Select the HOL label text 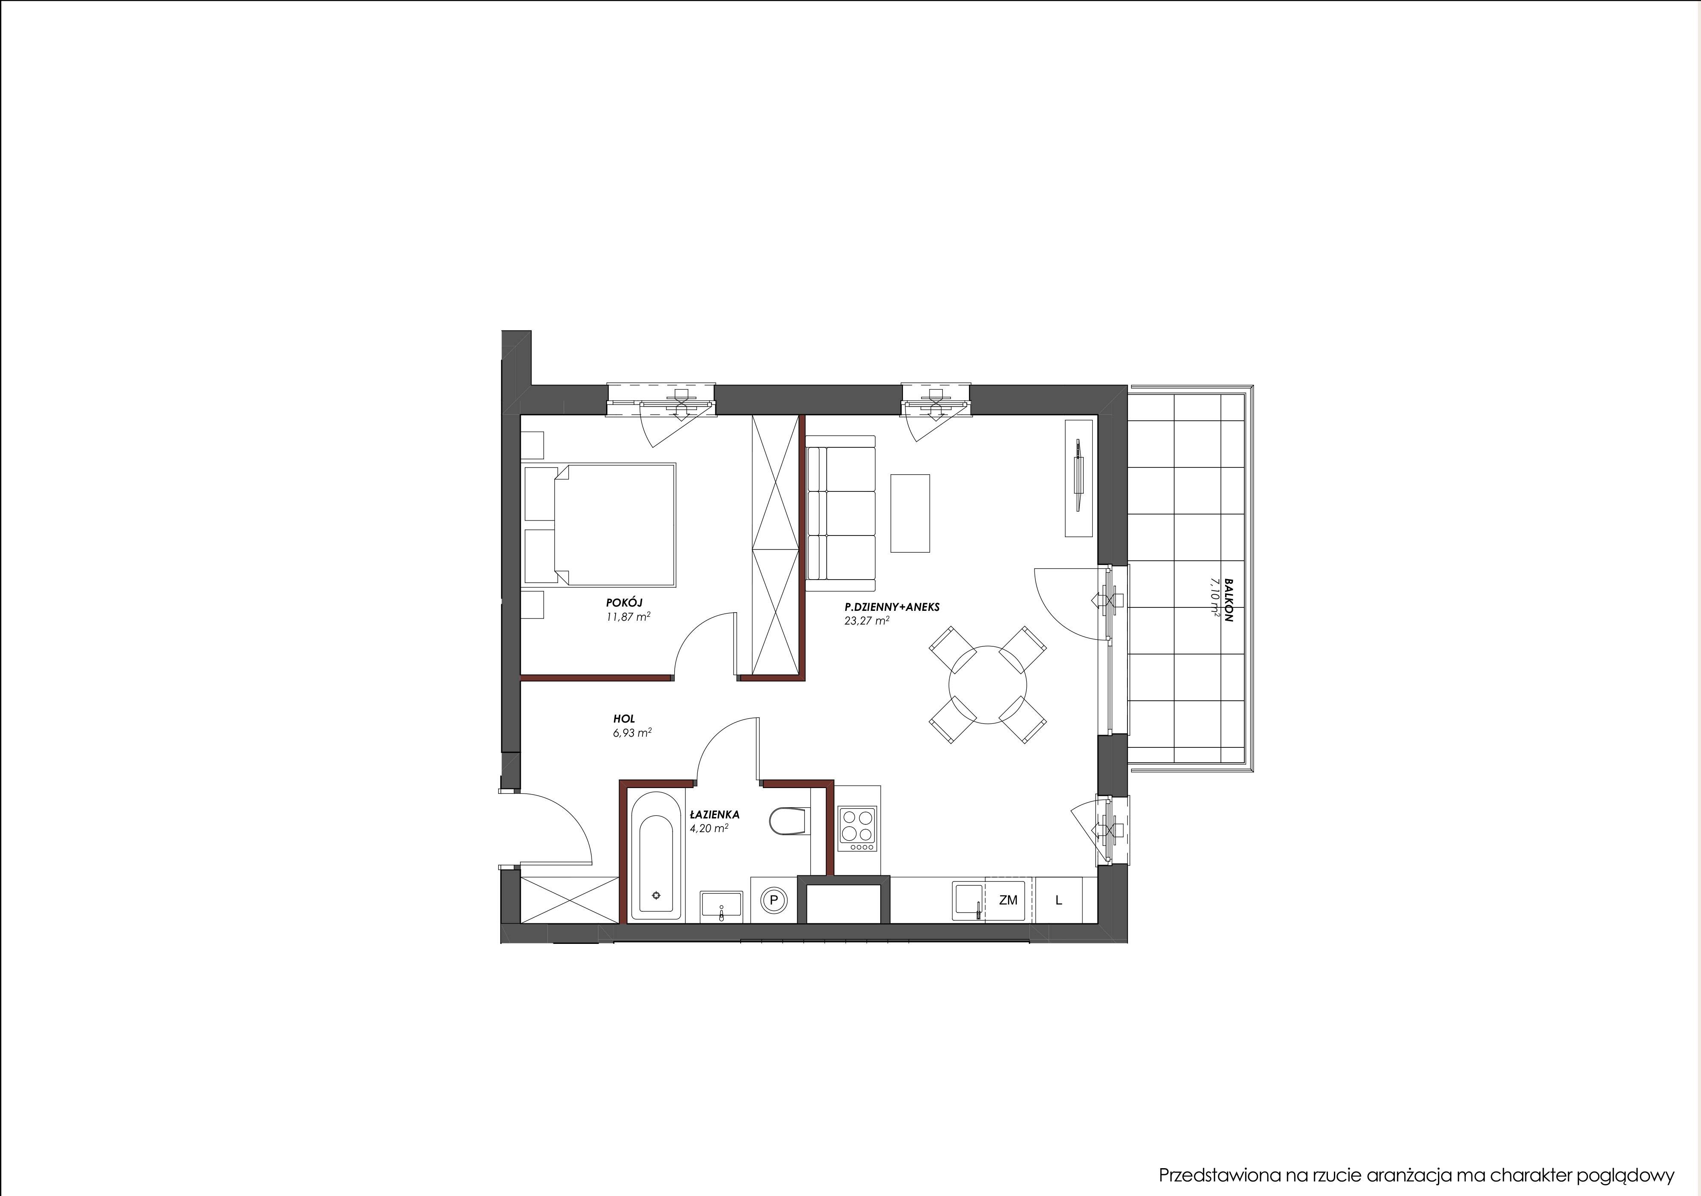[x=624, y=718]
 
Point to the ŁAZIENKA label [x=714, y=815]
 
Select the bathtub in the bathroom [x=656, y=857]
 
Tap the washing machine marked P [x=774, y=900]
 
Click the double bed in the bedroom [x=599, y=526]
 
